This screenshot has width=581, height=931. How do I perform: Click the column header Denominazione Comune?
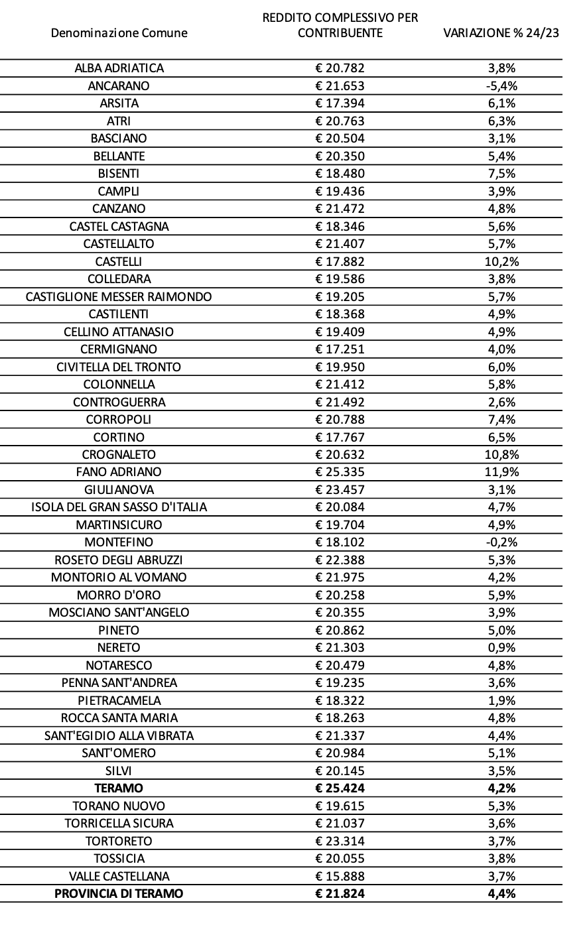119,32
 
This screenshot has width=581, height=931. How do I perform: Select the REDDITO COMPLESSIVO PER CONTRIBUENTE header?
340,25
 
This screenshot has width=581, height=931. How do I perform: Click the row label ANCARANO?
119,86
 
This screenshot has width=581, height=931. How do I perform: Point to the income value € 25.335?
340,472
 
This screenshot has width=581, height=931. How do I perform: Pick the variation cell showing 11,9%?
501,472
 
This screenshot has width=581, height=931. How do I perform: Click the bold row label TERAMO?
119,788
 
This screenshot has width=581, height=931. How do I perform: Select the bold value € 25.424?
340,788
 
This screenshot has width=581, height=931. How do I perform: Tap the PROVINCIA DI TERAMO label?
119,893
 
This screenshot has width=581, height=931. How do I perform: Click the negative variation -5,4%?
501,86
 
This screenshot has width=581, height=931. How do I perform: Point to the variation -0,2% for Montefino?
501,542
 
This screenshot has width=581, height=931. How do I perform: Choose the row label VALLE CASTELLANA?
119,876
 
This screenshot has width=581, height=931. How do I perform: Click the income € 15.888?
340,876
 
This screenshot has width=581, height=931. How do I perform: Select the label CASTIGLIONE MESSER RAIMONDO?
119,296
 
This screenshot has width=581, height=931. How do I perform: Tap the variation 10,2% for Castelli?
501,261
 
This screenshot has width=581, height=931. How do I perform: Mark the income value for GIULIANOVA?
340,489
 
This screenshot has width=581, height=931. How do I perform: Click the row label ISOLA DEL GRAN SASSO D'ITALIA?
119,507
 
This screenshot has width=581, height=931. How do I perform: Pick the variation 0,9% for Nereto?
501,647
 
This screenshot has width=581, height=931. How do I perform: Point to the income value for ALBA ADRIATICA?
340,68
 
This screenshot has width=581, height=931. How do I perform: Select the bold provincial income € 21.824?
340,893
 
